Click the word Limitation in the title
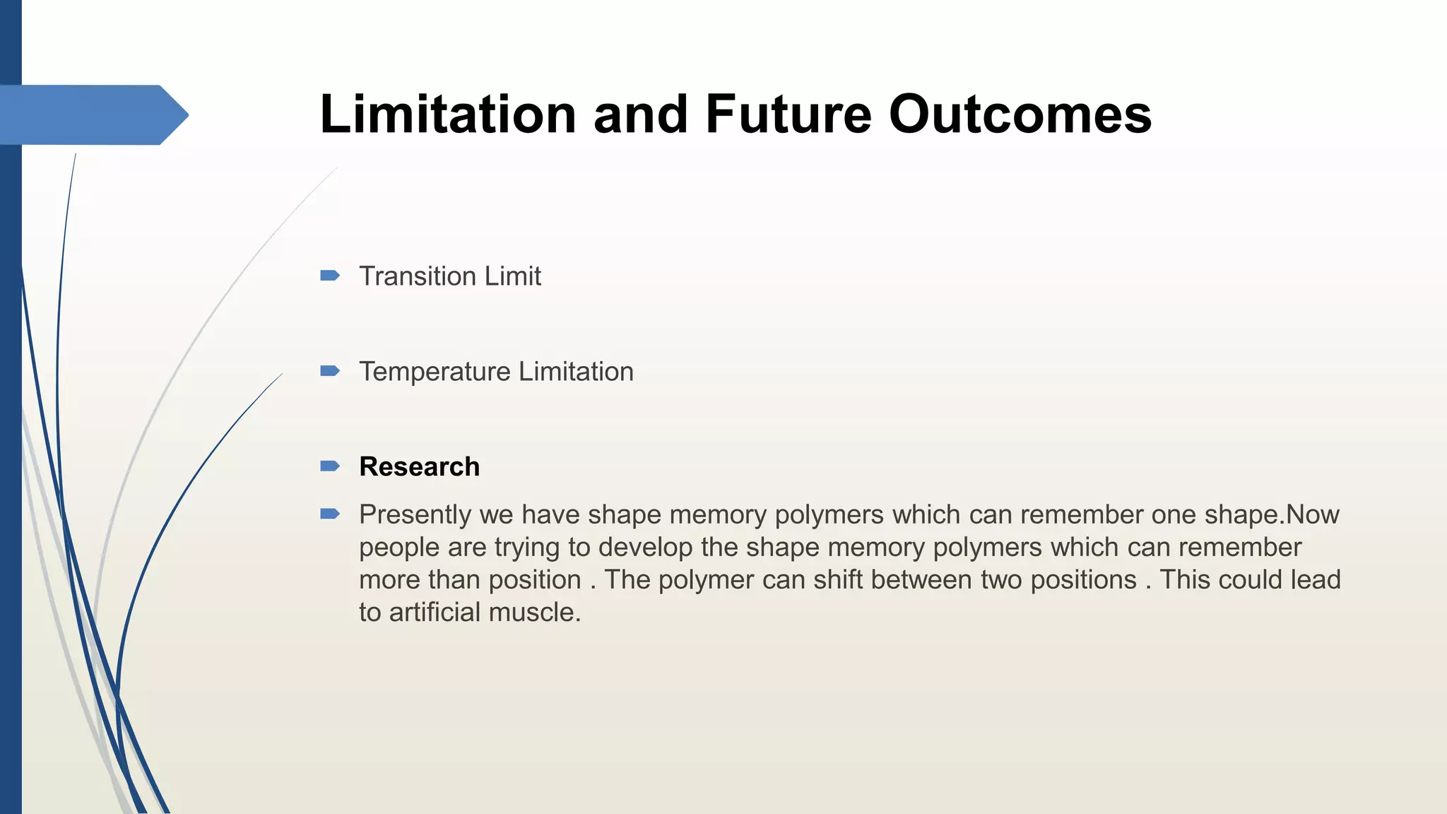pyautogui.click(x=448, y=114)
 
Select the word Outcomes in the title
pyautogui.click(x=1020, y=114)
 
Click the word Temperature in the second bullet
pyautogui.click(x=435, y=372)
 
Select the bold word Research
pyautogui.click(x=419, y=467)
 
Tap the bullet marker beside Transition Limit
pyautogui.click(x=330, y=276)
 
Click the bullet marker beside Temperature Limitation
pyautogui.click(x=330, y=371)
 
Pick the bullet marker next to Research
pyautogui.click(x=330, y=466)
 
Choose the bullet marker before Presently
pyautogui.click(x=330, y=514)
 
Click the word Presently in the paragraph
pyautogui.click(x=415, y=515)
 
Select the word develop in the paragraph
pyautogui.click(x=645, y=548)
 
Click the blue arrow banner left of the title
pyautogui.click(x=92, y=114)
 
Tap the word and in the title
pyautogui.click(x=641, y=114)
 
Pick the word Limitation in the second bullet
pyautogui.click(x=576, y=372)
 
